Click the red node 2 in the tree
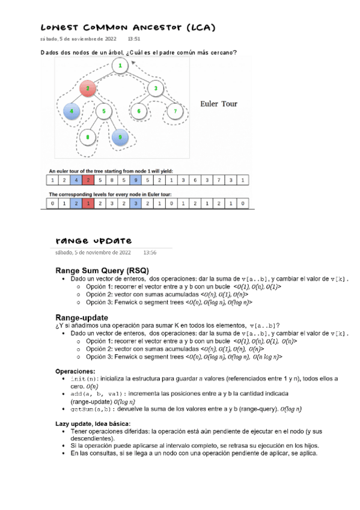pos(88,89)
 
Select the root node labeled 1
pos(120,66)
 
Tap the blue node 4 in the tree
pos(72,111)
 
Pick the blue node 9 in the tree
pos(120,138)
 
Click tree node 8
pos(88,138)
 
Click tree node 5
pos(104,111)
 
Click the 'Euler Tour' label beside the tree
pos(218,103)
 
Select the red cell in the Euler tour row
pos(88,179)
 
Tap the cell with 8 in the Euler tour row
pos(112,179)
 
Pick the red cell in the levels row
pos(88,203)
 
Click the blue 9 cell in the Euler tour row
pos(136,179)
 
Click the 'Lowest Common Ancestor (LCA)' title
pos(127,28)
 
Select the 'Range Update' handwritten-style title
pos(93,241)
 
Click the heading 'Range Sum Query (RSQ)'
pos(102,270)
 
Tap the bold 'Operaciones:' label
pos(75,371)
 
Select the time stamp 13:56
pos(150,253)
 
